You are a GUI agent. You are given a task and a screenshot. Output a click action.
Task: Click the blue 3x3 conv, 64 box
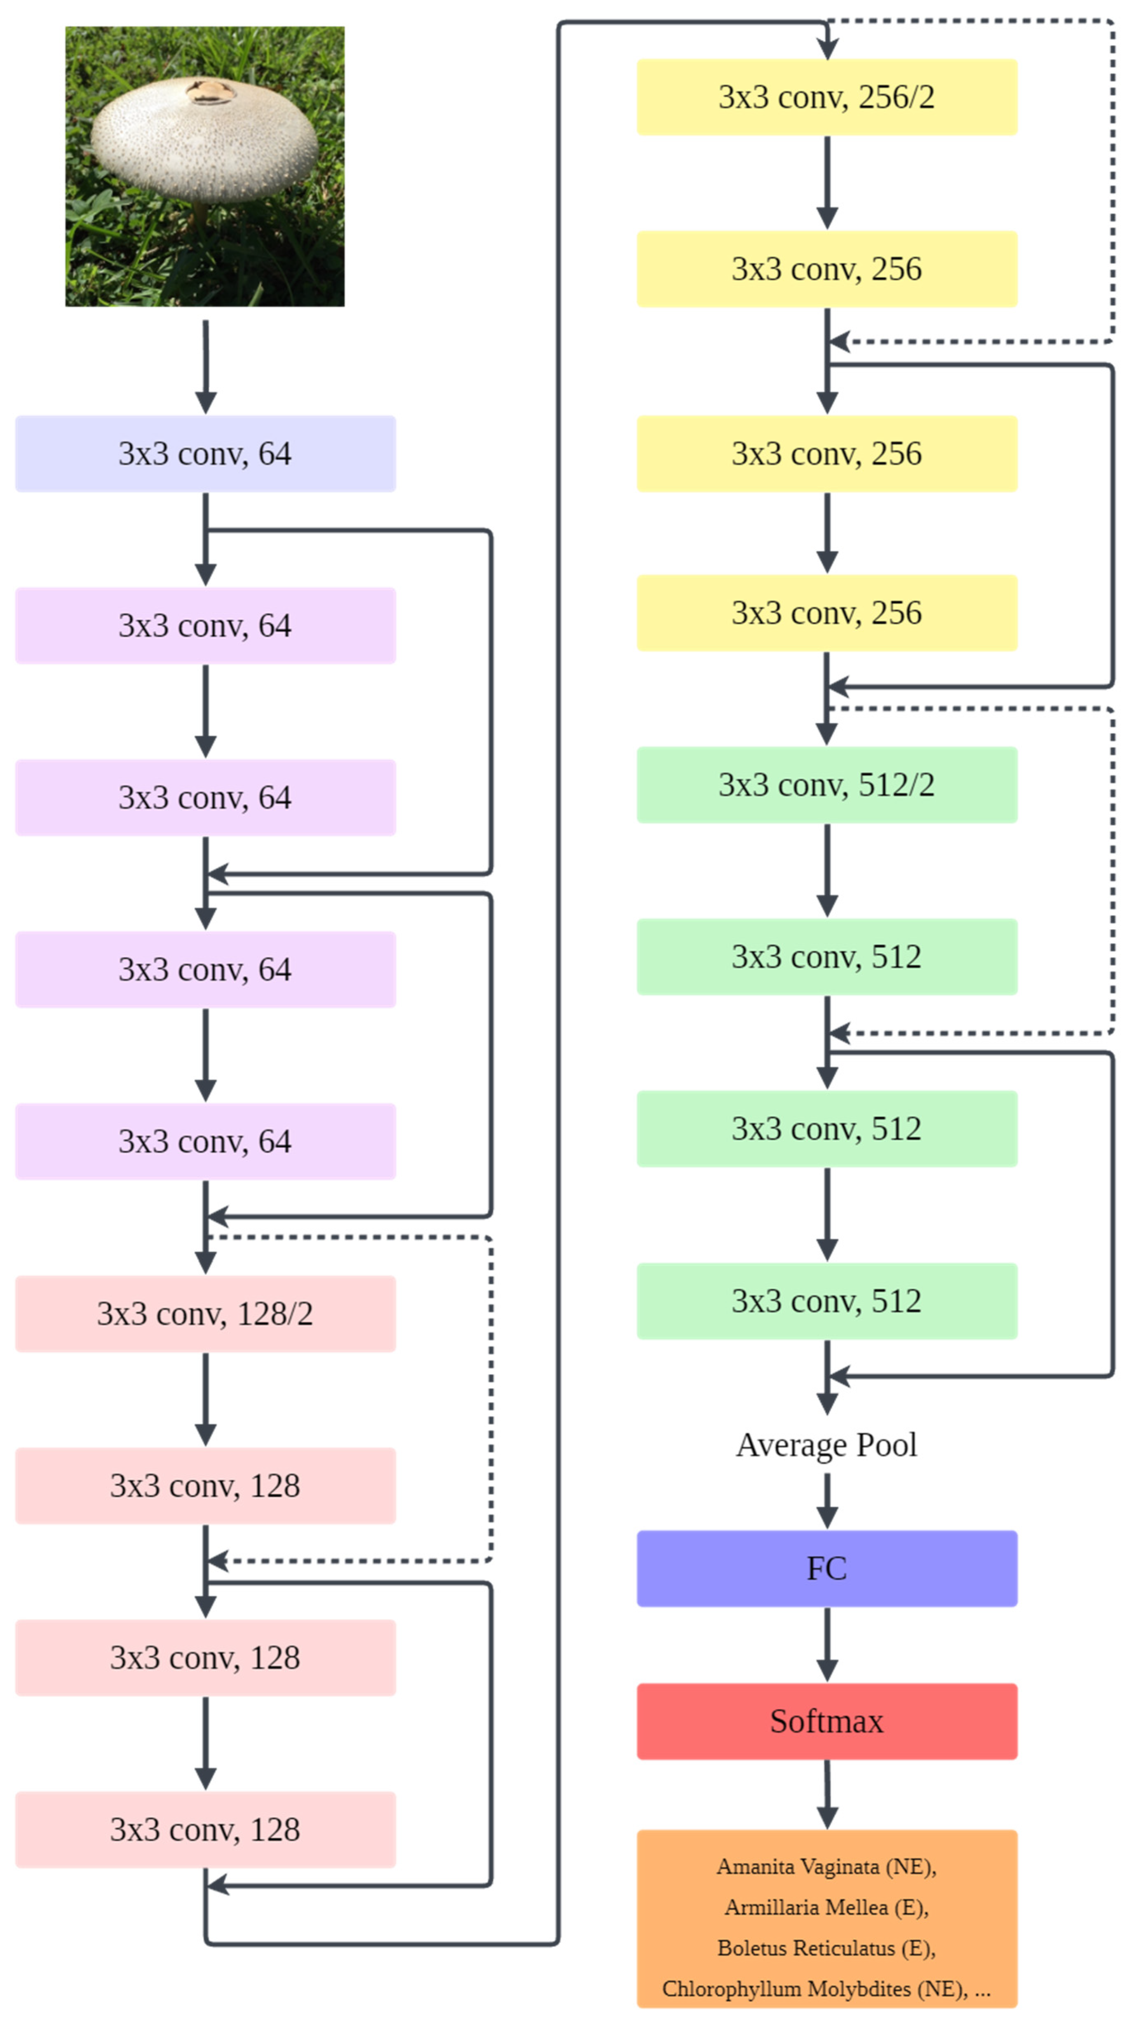(x=204, y=454)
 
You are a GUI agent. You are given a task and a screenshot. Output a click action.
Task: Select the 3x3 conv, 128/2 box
(x=204, y=1313)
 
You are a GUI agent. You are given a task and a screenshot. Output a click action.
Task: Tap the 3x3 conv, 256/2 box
(x=826, y=97)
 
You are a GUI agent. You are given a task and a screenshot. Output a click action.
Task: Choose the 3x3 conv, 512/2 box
(x=826, y=785)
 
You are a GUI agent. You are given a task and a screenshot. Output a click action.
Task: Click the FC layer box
(x=826, y=1568)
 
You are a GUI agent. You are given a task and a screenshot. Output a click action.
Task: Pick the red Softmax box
(x=826, y=1721)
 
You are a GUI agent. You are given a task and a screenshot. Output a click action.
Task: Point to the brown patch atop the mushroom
(x=211, y=92)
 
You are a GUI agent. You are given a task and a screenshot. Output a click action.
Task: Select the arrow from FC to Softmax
(x=826, y=1644)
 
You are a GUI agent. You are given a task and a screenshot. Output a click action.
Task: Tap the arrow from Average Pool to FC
(x=826, y=1500)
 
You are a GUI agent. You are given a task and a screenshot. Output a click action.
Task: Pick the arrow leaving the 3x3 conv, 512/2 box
(x=826, y=870)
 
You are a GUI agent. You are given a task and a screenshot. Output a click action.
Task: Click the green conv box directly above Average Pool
(x=826, y=1301)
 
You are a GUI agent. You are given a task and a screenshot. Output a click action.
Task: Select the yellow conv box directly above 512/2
(x=826, y=613)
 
